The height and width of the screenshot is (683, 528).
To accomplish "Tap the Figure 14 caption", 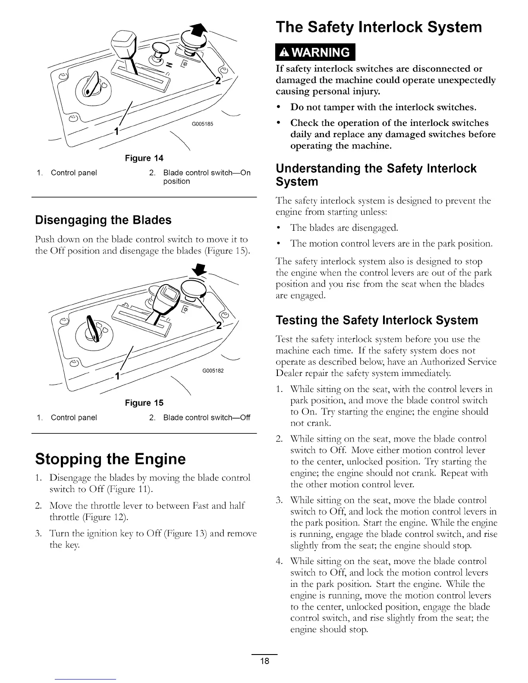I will coord(144,158).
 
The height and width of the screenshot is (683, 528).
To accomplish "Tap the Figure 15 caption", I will coord(144,403).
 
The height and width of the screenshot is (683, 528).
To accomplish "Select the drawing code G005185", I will coord(202,124).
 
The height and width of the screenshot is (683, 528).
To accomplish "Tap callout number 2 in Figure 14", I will coord(218,82).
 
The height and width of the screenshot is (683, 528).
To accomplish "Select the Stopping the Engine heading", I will coord(110,458).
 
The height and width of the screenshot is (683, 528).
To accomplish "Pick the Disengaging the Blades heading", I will coord(103,220).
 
